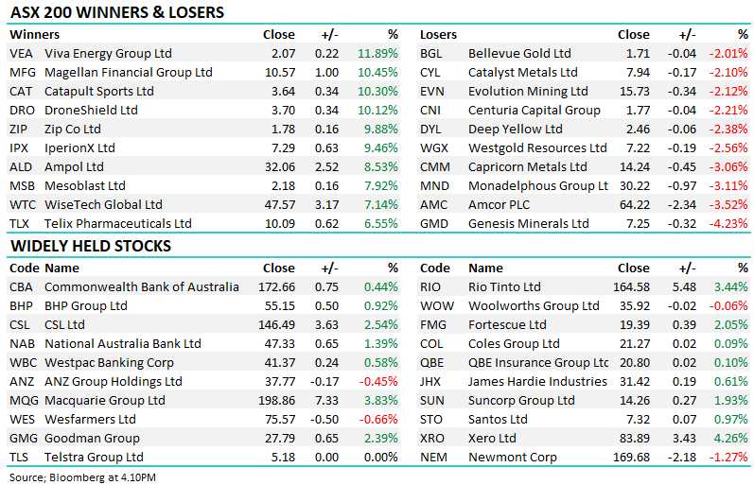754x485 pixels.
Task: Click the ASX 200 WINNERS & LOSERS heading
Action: [116, 12]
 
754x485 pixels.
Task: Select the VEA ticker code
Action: [22, 54]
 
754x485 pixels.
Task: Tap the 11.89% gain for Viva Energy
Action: [377, 54]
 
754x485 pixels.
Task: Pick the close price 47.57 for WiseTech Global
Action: [279, 205]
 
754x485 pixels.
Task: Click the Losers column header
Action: [438, 35]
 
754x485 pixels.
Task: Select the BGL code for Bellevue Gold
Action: [432, 54]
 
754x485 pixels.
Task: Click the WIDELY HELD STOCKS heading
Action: [90, 247]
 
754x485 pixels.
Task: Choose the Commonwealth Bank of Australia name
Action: [142, 287]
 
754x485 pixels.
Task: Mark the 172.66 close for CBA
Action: [276, 287]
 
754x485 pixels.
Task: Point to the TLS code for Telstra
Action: [21, 458]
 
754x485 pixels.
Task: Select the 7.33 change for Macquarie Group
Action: [326, 401]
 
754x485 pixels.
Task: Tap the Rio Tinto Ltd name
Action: [504, 287]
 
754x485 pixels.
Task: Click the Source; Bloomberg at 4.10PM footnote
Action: [82, 476]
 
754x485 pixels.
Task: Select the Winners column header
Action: [34, 35]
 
